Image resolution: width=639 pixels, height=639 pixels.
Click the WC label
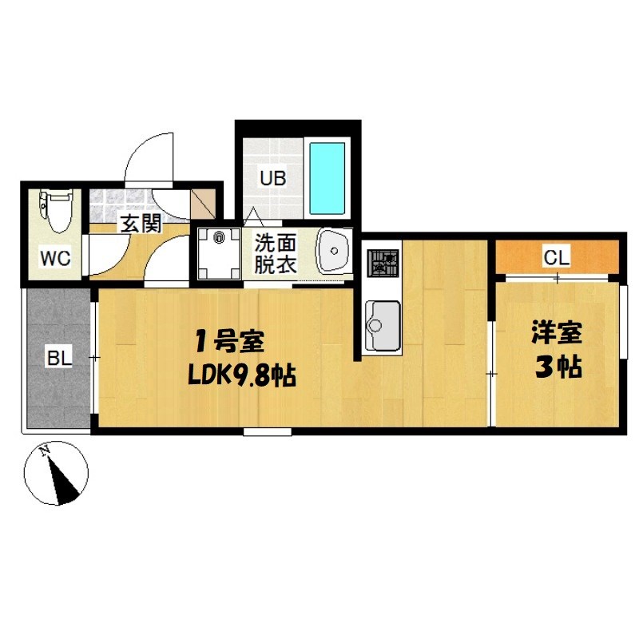[55, 258]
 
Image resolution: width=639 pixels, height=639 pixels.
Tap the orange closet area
[591, 257]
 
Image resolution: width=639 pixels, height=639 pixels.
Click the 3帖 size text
[557, 368]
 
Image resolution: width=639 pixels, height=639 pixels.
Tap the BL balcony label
[58, 359]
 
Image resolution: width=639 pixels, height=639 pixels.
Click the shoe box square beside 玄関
[204, 204]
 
